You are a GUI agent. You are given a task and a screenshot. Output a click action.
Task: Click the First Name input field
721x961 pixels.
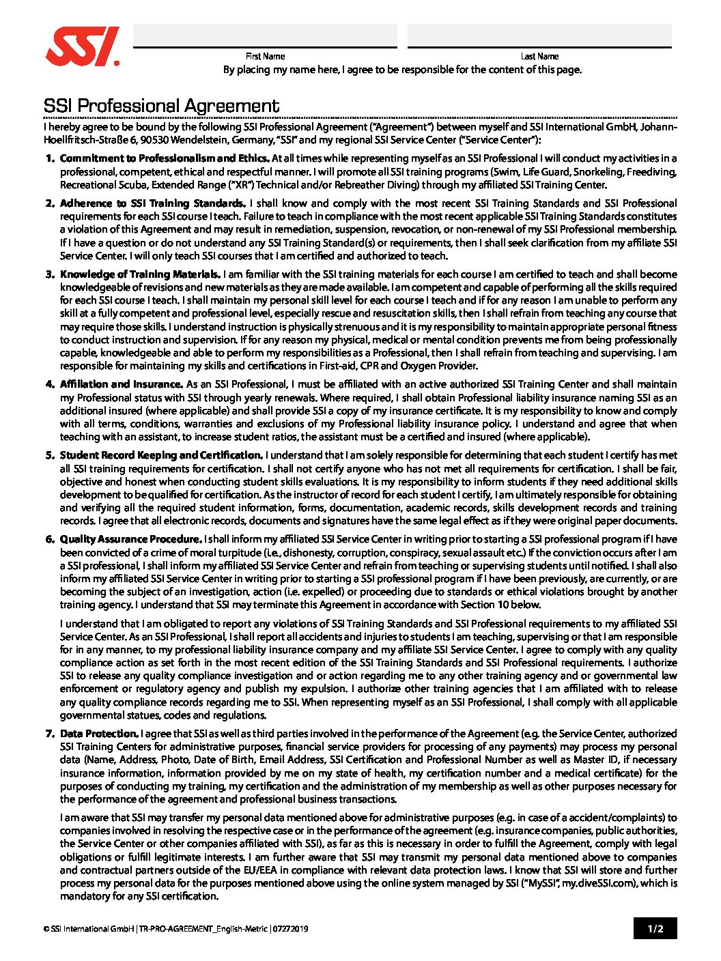[265, 35]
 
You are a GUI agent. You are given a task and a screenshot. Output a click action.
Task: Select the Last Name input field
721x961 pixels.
[539, 35]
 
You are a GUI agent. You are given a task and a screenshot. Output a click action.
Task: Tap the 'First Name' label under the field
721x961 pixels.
[265, 57]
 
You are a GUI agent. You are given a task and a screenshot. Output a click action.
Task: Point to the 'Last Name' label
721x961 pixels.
[539, 57]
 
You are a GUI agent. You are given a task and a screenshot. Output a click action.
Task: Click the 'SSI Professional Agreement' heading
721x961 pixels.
[161, 106]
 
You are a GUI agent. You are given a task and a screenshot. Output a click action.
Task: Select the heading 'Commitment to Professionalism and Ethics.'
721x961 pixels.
[164, 158]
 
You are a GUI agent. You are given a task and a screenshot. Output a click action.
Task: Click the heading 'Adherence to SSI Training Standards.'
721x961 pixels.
[153, 203]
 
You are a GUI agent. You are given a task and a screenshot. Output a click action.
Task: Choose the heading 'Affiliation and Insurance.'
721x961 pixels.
[122, 384]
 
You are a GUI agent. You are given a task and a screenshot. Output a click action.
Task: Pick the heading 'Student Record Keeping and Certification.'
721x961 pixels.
[161, 455]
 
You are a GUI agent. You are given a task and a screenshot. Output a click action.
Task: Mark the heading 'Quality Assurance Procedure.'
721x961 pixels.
[130, 539]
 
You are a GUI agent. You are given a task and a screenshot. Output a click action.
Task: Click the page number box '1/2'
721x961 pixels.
[655, 928]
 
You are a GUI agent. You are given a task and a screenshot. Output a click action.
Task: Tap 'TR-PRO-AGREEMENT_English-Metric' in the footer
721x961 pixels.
[203, 929]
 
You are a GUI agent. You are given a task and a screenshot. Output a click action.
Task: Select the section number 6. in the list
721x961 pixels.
[50, 539]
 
